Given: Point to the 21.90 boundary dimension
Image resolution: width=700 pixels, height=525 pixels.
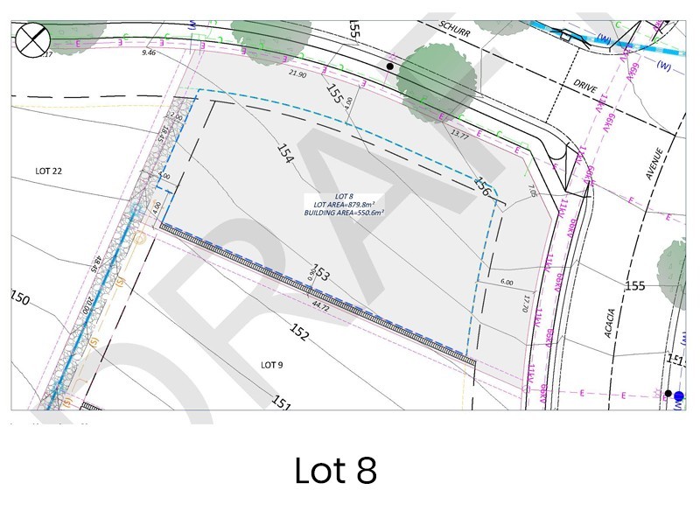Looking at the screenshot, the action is (x=297, y=74).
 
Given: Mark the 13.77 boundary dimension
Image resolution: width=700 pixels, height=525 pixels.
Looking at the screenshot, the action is (x=459, y=135).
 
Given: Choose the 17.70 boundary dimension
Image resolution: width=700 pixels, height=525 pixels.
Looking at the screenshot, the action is (x=527, y=303).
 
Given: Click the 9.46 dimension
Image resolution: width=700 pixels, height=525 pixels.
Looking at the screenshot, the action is (x=149, y=52).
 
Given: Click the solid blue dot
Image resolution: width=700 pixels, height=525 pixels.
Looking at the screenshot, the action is (x=678, y=396).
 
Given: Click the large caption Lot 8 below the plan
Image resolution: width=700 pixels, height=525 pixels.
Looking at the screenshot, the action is (x=335, y=471).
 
